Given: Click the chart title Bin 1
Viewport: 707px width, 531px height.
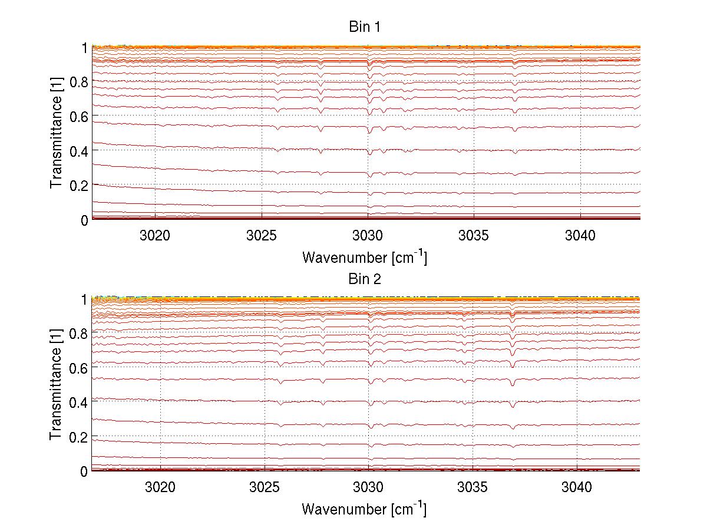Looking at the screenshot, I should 365,27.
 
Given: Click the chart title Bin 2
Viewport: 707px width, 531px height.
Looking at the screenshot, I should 365,279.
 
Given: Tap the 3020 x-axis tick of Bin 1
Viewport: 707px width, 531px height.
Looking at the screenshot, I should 155,236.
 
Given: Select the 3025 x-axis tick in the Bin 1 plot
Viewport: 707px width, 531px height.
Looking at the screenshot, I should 262,236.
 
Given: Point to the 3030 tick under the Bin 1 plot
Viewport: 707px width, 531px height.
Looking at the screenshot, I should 368,236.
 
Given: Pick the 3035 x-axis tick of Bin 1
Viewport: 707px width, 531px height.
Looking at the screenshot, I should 474,236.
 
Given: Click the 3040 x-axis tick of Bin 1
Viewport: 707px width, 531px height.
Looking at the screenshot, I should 580,236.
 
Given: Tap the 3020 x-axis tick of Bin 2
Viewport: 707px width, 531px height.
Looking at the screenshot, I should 160,487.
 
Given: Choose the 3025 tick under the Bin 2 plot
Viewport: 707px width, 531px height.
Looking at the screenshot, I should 265,487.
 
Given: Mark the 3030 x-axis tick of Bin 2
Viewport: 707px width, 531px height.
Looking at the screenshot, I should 368,487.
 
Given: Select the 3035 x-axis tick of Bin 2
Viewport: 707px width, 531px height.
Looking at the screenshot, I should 473,487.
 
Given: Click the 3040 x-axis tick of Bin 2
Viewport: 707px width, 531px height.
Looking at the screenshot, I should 577,487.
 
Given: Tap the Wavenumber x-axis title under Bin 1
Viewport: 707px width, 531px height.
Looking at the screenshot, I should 364,257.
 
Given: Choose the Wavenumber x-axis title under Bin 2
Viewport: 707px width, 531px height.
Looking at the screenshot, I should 364,509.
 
